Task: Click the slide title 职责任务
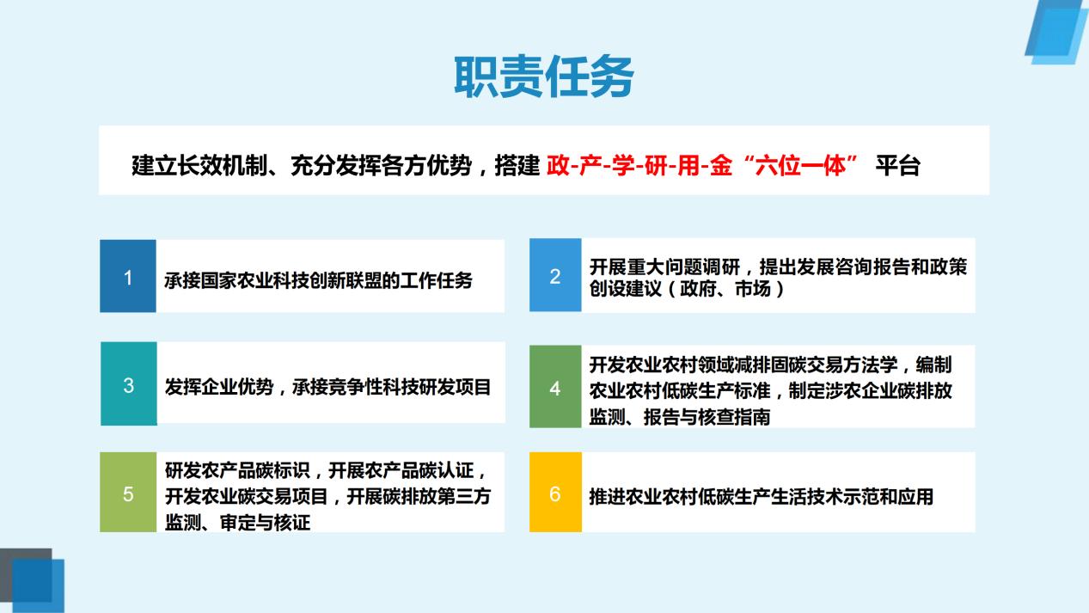(544, 77)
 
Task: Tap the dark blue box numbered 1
(128, 276)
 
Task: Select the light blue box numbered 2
(555, 274)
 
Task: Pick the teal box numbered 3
(129, 383)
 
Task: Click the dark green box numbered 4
(555, 387)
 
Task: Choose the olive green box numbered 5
(128, 492)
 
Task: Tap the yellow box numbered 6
(555, 492)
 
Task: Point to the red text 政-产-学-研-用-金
(639, 166)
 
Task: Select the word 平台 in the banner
(897, 166)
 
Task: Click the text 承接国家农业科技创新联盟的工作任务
(318, 280)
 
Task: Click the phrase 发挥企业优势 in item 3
(219, 387)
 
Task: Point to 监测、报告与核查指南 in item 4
(680, 417)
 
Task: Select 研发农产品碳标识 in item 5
(237, 470)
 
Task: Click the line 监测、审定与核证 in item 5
(237, 523)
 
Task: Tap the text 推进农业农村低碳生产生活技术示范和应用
(762, 496)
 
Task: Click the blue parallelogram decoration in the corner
(1056, 32)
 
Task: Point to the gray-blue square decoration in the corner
(26, 575)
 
